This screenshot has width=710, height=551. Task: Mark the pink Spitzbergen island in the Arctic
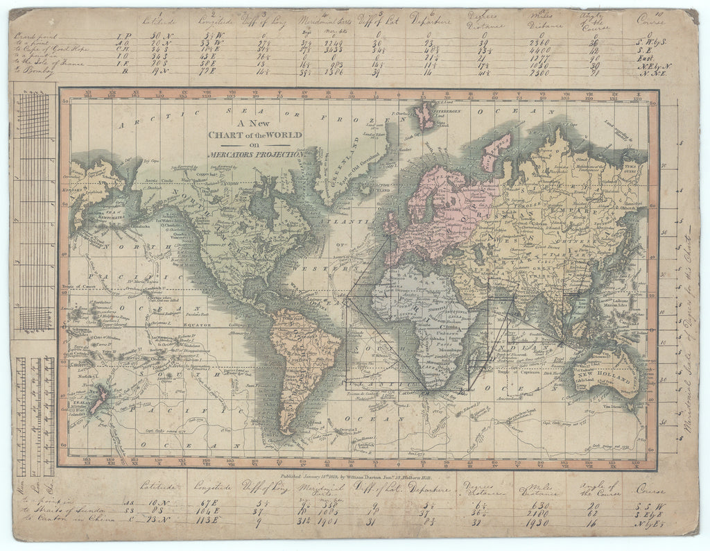coord(424,116)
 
